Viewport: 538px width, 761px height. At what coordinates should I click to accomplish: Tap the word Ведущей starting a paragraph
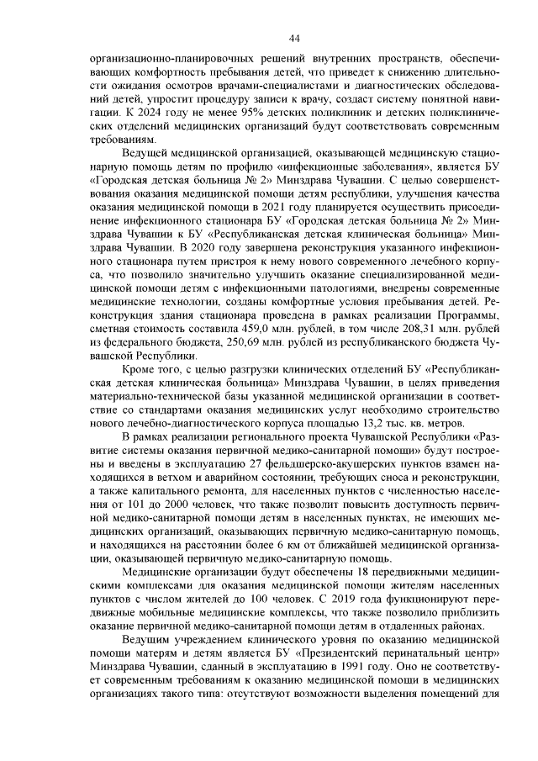[145, 155]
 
